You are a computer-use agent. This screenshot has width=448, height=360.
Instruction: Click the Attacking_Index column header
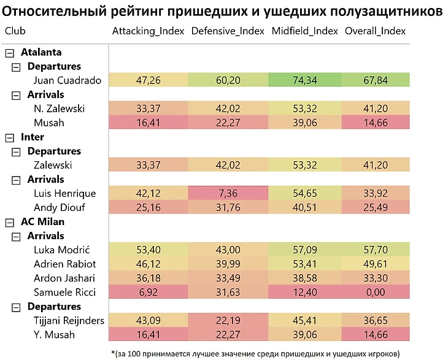click(x=148, y=31)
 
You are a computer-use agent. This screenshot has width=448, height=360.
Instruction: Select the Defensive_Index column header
click(x=228, y=31)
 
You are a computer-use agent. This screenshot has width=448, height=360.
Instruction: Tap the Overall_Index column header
click(x=375, y=31)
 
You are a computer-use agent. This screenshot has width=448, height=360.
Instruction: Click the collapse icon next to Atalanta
click(x=9, y=53)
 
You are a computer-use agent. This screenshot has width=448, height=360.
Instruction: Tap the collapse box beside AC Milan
click(x=9, y=222)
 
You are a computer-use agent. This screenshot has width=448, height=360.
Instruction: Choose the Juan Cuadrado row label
click(x=68, y=80)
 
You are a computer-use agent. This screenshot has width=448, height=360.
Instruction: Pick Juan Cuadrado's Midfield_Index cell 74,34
click(x=305, y=80)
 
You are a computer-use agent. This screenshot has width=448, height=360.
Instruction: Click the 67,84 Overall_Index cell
click(x=376, y=80)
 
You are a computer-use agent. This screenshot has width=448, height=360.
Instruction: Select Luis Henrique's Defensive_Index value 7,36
click(x=228, y=193)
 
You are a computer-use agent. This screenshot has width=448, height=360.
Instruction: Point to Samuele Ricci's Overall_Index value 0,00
click(x=376, y=292)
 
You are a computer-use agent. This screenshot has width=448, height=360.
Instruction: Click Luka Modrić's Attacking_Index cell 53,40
click(x=148, y=250)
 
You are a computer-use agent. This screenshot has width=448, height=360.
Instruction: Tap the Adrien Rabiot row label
click(x=65, y=264)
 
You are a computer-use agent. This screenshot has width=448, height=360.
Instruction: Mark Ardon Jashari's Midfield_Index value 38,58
click(x=305, y=278)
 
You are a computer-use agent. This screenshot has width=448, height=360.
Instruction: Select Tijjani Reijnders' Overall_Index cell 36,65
click(x=376, y=320)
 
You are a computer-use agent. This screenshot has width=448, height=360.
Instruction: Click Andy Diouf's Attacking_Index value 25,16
click(x=148, y=207)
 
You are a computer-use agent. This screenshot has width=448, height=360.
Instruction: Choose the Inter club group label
click(x=32, y=137)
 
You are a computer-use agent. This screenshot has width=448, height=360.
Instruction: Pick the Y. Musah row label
click(x=54, y=334)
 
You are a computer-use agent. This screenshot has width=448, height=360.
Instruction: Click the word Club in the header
click(x=15, y=31)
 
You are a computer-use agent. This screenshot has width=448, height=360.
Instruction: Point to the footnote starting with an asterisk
click(x=255, y=353)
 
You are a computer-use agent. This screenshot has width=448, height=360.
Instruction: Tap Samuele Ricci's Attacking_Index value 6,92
click(x=148, y=292)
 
